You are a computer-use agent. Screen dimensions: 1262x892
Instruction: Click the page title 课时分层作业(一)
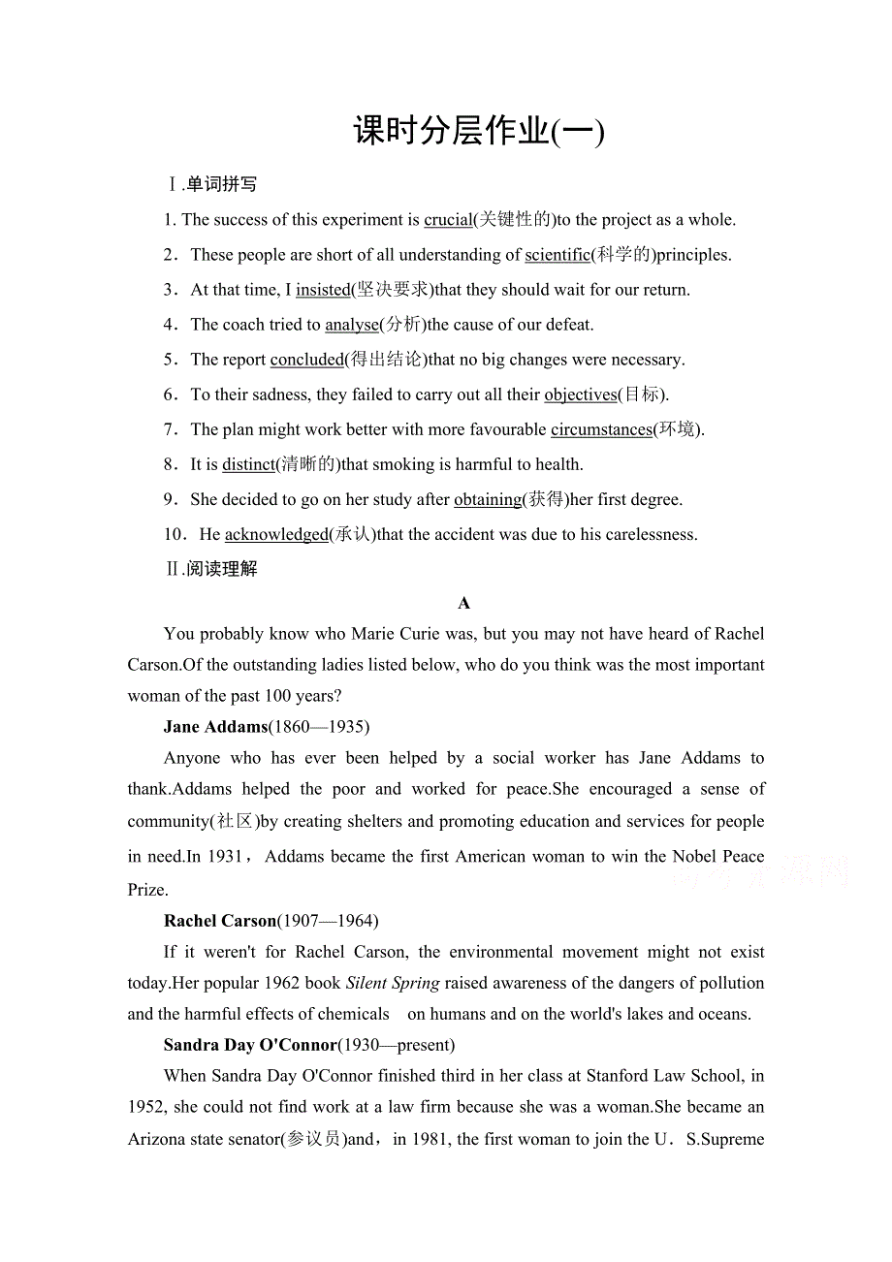tap(478, 131)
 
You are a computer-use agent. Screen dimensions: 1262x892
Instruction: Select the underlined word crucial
tap(447, 220)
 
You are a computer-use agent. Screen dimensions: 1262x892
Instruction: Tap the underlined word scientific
tap(557, 255)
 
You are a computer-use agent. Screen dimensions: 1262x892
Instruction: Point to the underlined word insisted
tap(323, 290)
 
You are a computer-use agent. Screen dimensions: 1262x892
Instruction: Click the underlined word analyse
tap(351, 325)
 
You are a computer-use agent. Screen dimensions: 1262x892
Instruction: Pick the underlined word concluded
tap(306, 360)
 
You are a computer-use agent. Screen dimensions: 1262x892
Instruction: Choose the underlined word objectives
tap(580, 394)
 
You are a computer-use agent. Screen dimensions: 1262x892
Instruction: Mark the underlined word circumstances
tap(601, 429)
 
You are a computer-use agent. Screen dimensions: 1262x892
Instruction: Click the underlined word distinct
tap(248, 464)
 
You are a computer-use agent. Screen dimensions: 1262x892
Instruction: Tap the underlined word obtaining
tap(488, 500)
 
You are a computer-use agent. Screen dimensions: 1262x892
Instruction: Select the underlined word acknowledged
tap(276, 535)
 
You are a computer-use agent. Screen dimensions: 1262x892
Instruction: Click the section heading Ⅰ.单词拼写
tap(211, 184)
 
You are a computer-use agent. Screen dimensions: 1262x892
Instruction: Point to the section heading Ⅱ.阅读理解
tap(211, 569)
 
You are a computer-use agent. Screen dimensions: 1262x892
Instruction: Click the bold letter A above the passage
tap(463, 603)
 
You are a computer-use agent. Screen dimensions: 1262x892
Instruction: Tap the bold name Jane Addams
tap(215, 727)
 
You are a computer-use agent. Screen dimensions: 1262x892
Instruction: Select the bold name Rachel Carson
tap(220, 921)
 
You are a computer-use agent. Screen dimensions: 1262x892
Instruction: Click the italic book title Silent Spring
tap(393, 983)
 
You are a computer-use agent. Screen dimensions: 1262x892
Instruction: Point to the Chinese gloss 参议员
tap(313, 1140)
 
